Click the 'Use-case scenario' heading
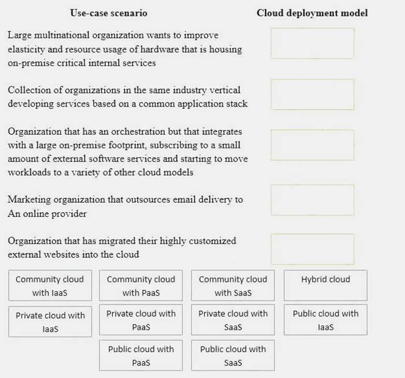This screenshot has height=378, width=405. (108, 13)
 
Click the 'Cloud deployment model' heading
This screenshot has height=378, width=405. (312, 13)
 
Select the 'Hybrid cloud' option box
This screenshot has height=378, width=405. (325, 285)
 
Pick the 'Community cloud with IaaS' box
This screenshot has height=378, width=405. (50, 285)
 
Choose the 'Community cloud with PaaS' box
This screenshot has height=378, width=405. (141, 285)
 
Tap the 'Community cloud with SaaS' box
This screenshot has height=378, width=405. (233, 285)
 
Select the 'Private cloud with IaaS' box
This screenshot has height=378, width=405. (50, 322)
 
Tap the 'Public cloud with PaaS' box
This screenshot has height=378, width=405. (141, 355)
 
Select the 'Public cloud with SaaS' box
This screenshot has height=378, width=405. (233, 355)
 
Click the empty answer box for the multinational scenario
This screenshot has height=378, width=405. (312, 43)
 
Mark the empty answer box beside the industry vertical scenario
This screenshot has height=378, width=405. (312, 94)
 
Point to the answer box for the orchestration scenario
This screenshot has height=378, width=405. (312, 145)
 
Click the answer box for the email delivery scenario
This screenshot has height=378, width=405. (312, 200)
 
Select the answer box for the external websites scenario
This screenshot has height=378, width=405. (312, 249)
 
